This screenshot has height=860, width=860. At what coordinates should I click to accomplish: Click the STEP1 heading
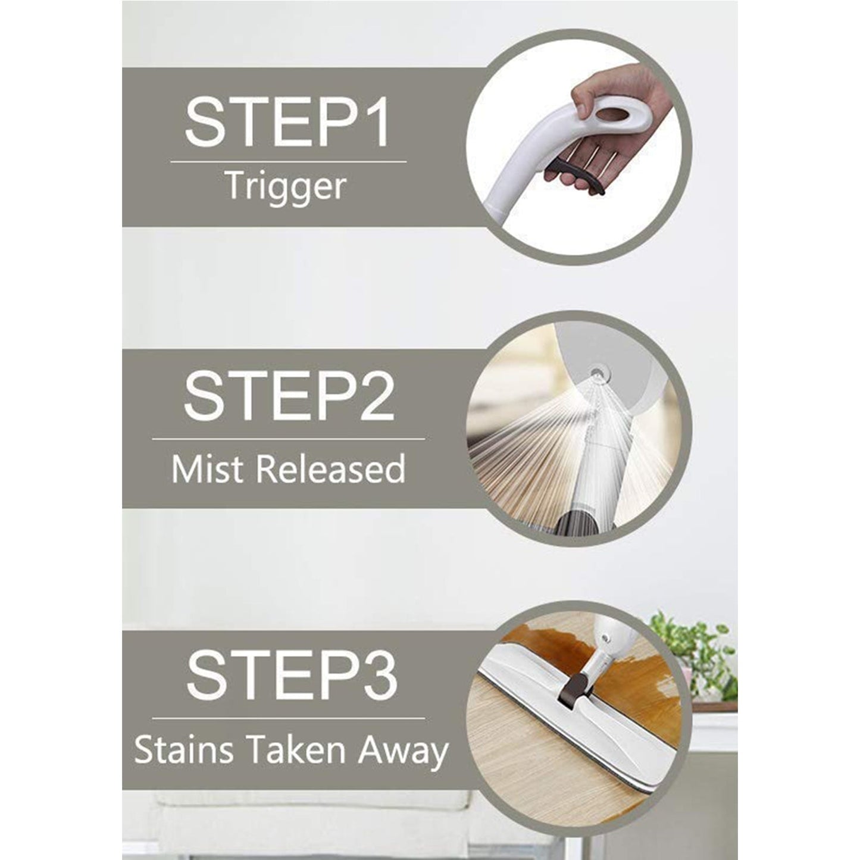pyautogui.click(x=287, y=124)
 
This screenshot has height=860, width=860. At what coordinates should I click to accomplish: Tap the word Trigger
pyautogui.click(x=286, y=186)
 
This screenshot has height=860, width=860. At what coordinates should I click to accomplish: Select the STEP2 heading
pyautogui.click(x=289, y=396)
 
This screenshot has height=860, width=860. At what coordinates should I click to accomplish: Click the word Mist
pyautogui.click(x=209, y=468)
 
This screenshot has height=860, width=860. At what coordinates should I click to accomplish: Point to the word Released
pyautogui.click(x=331, y=468)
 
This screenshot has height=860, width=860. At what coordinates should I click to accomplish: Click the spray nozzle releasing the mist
pyautogui.click(x=595, y=372)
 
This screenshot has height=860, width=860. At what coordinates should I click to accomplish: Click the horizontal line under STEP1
pyautogui.click(x=289, y=161)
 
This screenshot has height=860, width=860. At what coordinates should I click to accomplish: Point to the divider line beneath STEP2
pyautogui.click(x=289, y=439)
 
